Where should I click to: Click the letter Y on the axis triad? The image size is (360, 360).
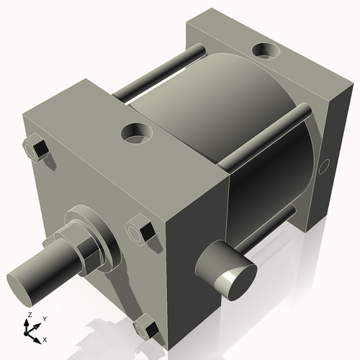pyautogui.click(x=44, y=318)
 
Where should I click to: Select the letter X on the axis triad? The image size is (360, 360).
pyautogui.click(x=45, y=338)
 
